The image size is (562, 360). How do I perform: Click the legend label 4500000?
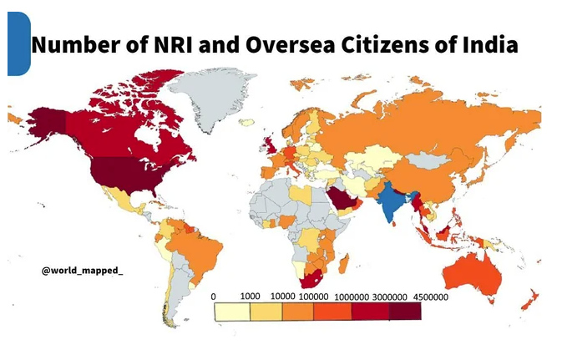point(431,297)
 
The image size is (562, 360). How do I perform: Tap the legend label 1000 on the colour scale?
point(251,297)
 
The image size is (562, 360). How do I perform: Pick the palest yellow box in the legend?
point(232,312)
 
